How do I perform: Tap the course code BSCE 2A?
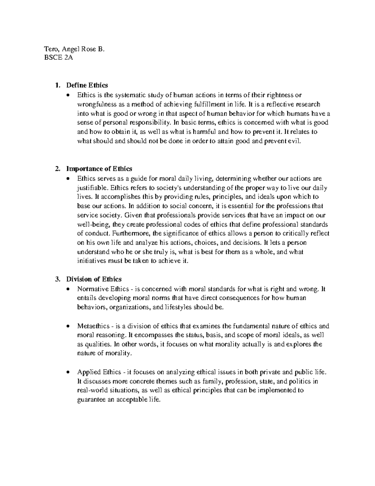(59, 58)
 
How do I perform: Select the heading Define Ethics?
(87, 85)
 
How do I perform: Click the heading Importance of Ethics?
(99, 169)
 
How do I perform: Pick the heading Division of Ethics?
(94, 279)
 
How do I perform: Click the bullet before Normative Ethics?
(68, 289)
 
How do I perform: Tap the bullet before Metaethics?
(68, 326)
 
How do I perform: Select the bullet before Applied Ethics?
(68, 372)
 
